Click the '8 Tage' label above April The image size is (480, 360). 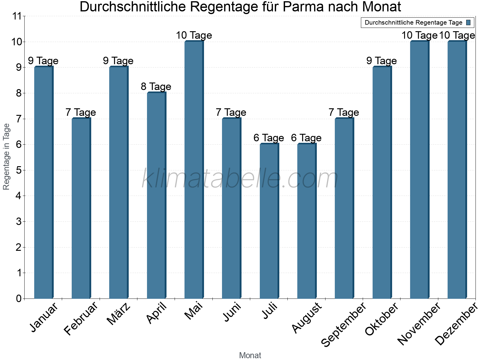pyautogui.click(x=156, y=87)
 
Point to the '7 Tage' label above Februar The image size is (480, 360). pyautogui.click(x=81, y=112)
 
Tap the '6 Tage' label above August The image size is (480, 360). pyautogui.click(x=306, y=138)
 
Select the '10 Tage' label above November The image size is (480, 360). pyautogui.click(x=419, y=35)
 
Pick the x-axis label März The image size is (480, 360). pyautogui.click(x=119, y=313)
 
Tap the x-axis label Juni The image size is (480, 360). pyautogui.click(x=232, y=312)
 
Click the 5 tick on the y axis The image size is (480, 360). pyautogui.click(x=19, y=170)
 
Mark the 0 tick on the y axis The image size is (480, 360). pyautogui.click(x=19, y=298)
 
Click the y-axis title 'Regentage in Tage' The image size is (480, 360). pyautogui.click(x=7, y=157)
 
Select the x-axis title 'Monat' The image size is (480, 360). pyautogui.click(x=250, y=355)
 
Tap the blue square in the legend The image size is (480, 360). pyautogui.click(x=469, y=22)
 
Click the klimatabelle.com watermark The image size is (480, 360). pyautogui.click(x=240, y=179)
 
